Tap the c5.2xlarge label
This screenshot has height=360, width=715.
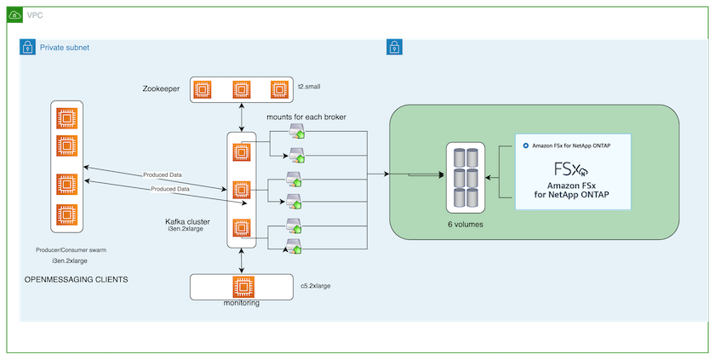(x=316, y=286)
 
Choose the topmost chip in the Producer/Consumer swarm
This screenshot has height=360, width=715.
(x=66, y=115)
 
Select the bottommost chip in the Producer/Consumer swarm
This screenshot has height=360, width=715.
(x=66, y=213)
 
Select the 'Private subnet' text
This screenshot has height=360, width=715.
(x=65, y=48)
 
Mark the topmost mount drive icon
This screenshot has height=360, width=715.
(x=297, y=131)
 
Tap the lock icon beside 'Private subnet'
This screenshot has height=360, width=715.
(x=26, y=48)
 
